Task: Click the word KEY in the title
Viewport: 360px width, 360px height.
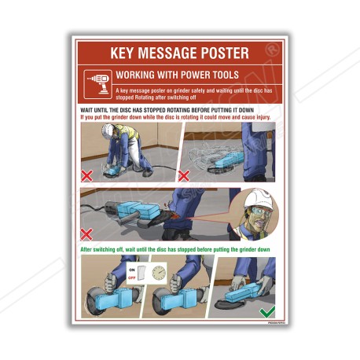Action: [x=126, y=53]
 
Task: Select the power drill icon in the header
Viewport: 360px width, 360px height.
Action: [x=98, y=81]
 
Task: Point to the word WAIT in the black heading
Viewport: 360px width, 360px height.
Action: [x=90, y=110]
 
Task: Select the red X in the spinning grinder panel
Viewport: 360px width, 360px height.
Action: [x=184, y=174]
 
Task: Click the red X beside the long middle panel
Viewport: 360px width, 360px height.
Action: [x=89, y=233]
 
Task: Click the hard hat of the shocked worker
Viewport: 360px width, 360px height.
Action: [x=257, y=199]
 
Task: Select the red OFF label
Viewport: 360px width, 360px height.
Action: [x=134, y=277]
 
